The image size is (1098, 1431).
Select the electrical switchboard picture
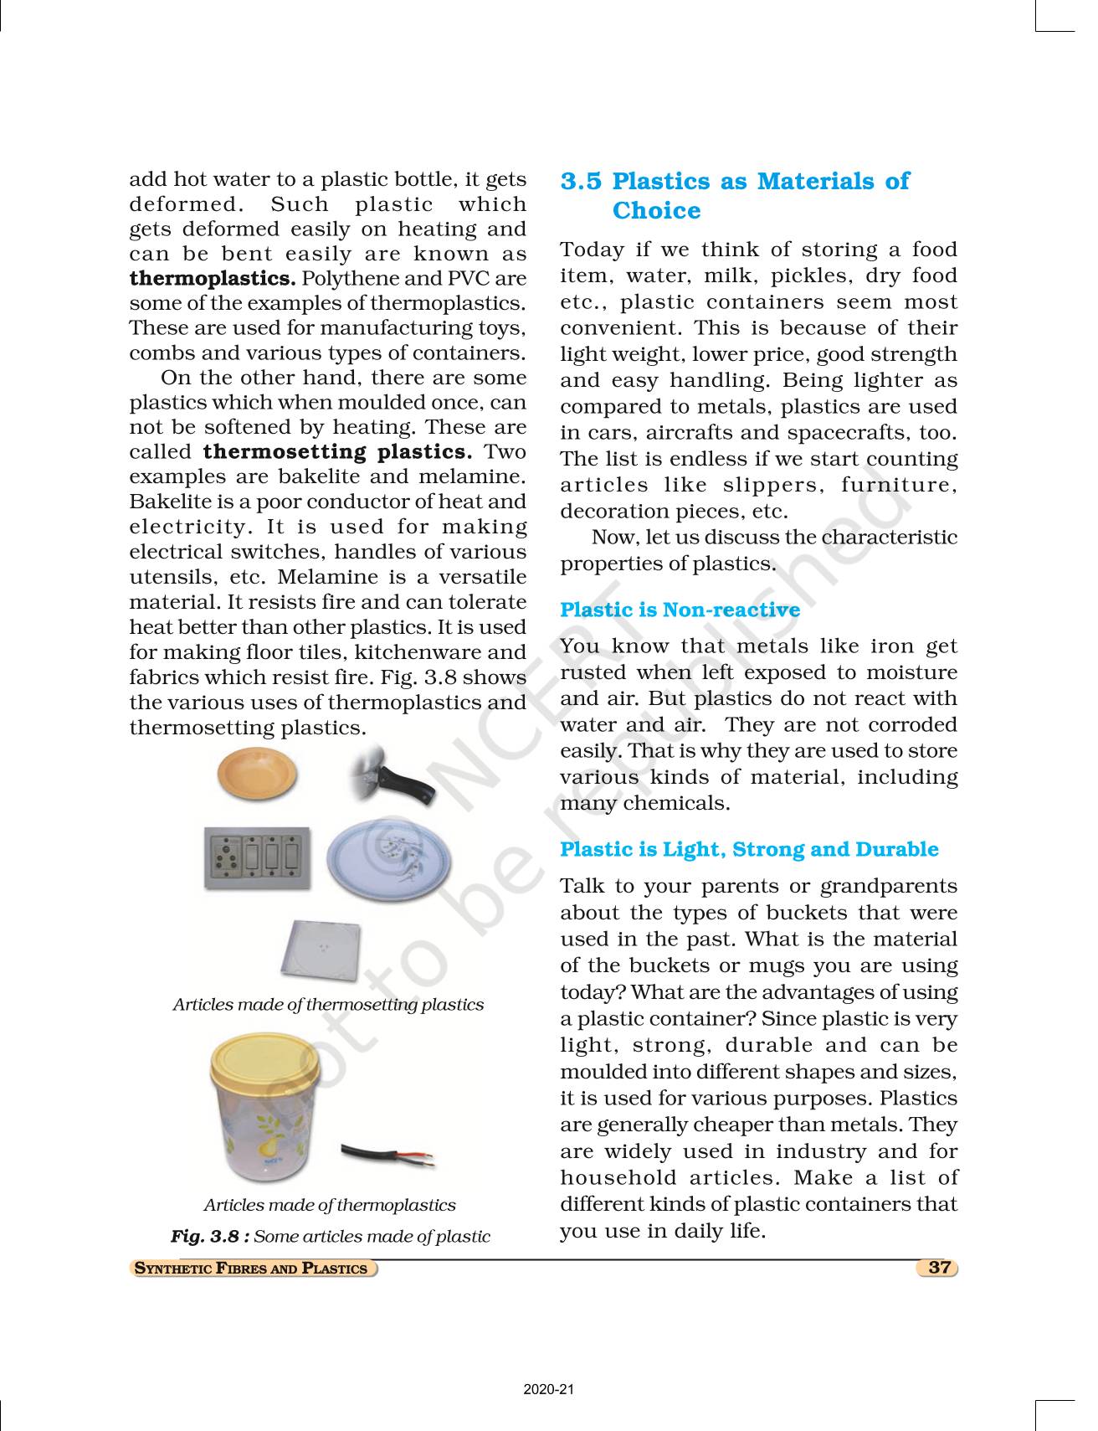click(x=257, y=858)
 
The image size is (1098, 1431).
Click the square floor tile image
click(x=321, y=951)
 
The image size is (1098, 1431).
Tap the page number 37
click(x=939, y=1267)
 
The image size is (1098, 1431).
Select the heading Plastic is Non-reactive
click(x=680, y=610)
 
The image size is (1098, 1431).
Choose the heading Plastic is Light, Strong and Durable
click(x=749, y=849)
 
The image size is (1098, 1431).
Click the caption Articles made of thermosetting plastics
click(x=328, y=1004)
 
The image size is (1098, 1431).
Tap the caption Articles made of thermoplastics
click(x=330, y=1205)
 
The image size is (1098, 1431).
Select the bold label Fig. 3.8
click(x=210, y=1236)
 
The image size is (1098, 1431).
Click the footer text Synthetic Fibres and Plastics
click(x=252, y=1268)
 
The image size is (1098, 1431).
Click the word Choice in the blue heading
click(x=656, y=210)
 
